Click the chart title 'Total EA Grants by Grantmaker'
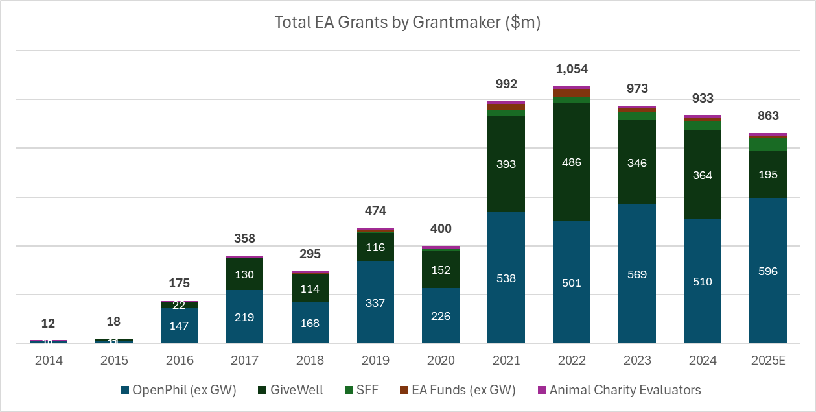pyautogui.click(x=407, y=23)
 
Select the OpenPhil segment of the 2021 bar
pyautogui.click(x=506, y=278)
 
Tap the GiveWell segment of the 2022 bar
pyautogui.click(x=571, y=162)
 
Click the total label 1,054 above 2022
pyautogui.click(x=571, y=69)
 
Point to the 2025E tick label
pyautogui.click(x=767, y=360)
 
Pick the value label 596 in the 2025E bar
pyautogui.click(x=767, y=271)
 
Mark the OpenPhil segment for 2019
pyautogui.click(x=375, y=302)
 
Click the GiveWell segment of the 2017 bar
pyautogui.click(x=244, y=274)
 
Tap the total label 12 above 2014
pyautogui.click(x=49, y=323)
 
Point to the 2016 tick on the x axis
pyautogui.click(x=179, y=360)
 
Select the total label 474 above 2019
pyautogui.click(x=375, y=211)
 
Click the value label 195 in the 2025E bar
pyautogui.click(x=767, y=175)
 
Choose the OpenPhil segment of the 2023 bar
pyautogui.click(x=636, y=274)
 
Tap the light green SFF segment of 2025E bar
pyautogui.click(x=767, y=143)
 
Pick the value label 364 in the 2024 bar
pyautogui.click(x=702, y=175)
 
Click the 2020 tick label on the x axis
pyautogui.click(x=440, y=360)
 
